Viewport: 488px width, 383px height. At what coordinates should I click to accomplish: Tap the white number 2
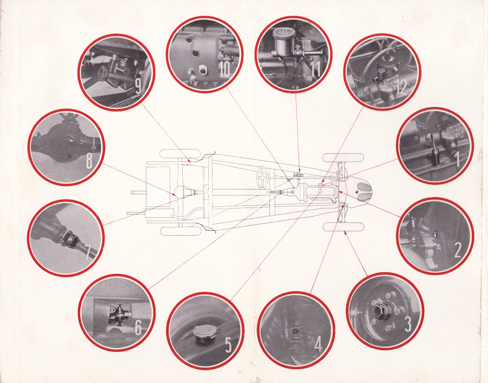[458, 250]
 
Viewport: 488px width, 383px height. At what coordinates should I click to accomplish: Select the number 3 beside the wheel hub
[408, 323]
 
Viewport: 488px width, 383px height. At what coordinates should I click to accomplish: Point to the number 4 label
[318, 343]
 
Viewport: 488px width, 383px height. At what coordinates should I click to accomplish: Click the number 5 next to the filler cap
[228, 345]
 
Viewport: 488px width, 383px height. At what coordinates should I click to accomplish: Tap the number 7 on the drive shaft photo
[89, 252]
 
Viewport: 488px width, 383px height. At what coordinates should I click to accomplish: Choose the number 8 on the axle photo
[89, 161]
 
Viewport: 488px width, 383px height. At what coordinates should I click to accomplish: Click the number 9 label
[138, 87]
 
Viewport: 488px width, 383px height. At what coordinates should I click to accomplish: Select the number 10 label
[224, 69]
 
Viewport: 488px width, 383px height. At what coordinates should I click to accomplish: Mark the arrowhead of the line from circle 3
[346, 233]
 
